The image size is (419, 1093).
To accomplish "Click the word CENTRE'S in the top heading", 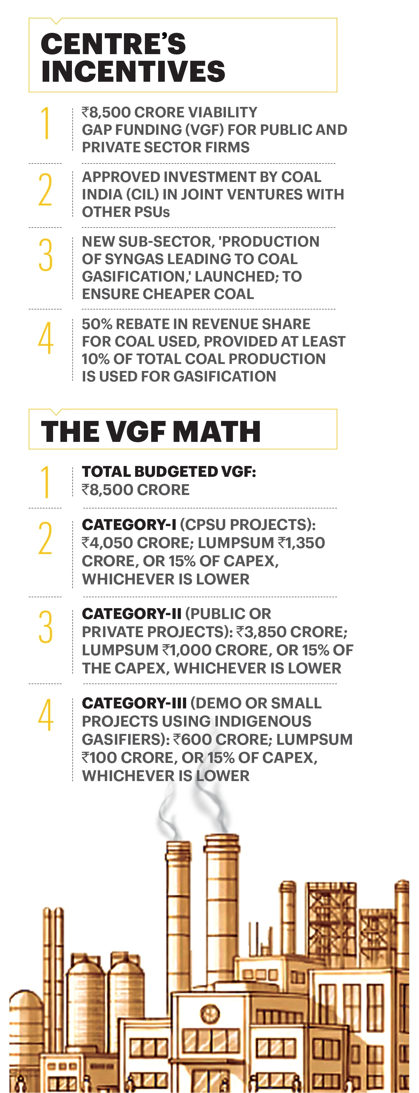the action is pos(113,44).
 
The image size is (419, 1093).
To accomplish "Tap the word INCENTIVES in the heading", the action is pos(133,71).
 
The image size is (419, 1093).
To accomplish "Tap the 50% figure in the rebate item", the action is pos(97,324).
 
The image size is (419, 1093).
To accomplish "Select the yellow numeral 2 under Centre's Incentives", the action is pos(45,190).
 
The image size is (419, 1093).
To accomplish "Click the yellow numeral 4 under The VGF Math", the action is pos(45,715).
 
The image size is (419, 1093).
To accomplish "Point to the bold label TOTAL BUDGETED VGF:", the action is pos(169,472).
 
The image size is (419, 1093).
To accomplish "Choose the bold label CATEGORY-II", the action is pos(132,613).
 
